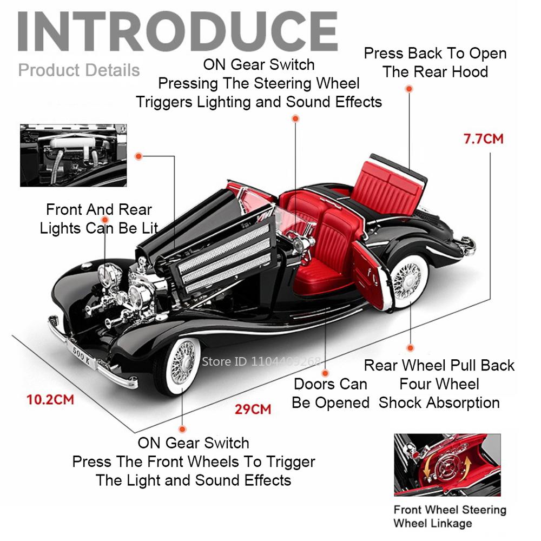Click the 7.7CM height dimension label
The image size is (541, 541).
click(x=483, y=138)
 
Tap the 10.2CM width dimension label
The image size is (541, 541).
click(x=50, y=400)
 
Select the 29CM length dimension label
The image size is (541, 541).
click(x=253, y=409)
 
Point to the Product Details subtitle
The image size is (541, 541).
click(x=79, y=70)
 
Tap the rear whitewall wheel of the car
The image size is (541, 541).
click(x=409, y=280)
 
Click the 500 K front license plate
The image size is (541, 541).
click(x=82, y=357)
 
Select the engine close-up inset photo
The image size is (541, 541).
click(x=73, y=156)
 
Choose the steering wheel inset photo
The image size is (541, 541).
click(x=447, y=465)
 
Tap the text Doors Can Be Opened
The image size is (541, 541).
click(x=331, y=393)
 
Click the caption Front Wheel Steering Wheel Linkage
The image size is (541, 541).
click(x=450, y=516)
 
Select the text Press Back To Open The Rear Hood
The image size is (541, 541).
click(x=435, y=62)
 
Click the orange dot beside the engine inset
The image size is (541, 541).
click(x=138, y=156)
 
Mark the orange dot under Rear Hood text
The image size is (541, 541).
click(x=409, y=89)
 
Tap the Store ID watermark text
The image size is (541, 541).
click(x=261, y=361)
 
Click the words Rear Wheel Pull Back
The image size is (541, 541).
click(x=439, y=365)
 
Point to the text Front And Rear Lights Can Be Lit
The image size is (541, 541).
click(x=99, y=219)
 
